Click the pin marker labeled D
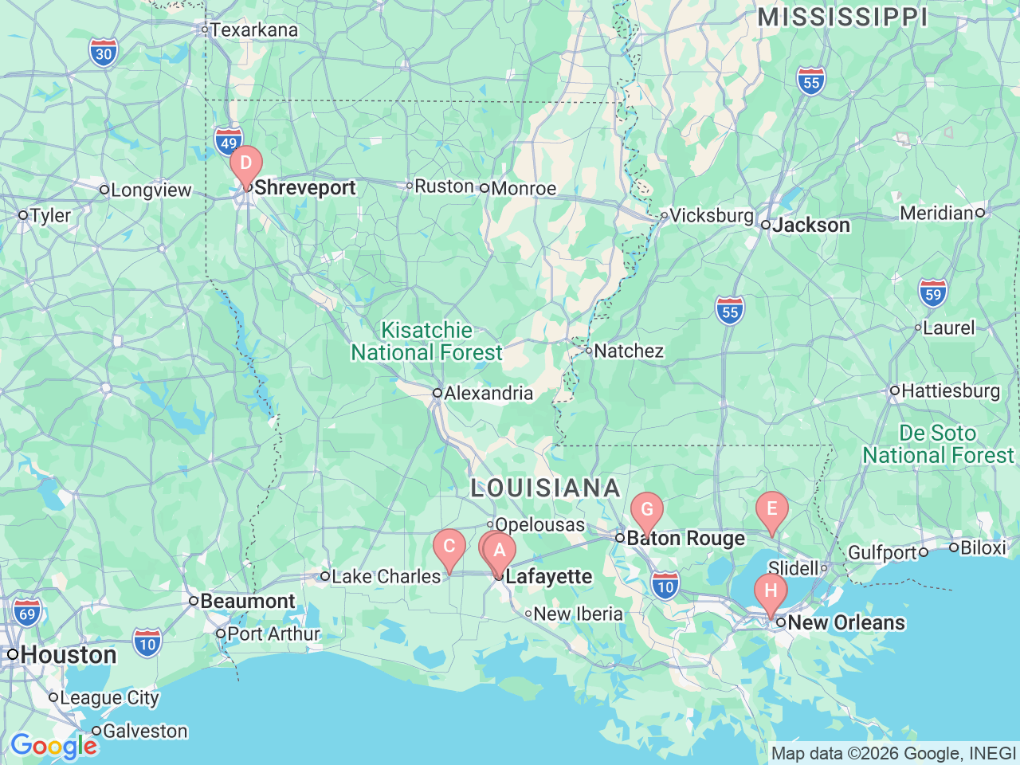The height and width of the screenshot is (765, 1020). coord(246,164)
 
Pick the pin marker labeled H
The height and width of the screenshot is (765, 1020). coord(771,592)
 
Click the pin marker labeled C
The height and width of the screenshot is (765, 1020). coord(449,547)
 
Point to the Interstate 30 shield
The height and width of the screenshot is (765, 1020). coord(104,53)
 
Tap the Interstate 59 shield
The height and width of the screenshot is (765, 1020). coord(933,294)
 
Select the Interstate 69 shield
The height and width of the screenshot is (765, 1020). coord(27,613)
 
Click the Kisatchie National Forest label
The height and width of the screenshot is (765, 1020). coord(427,341)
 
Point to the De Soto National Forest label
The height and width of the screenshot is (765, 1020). coord(938,444)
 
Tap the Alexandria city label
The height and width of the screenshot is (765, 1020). coord(488,393)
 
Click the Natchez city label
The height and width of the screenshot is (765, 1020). coord(628,351)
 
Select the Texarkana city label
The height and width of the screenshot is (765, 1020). coord(253,30)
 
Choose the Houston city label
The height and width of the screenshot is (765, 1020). coord(69,655)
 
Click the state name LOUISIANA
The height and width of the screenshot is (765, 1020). coord(545,488)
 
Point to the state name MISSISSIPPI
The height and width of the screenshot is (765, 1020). coord(842,18)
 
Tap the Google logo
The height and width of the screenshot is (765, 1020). coord(53,747)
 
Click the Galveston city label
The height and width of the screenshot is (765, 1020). coord(145,731)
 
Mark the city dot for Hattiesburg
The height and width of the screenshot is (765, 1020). coord(895,390)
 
